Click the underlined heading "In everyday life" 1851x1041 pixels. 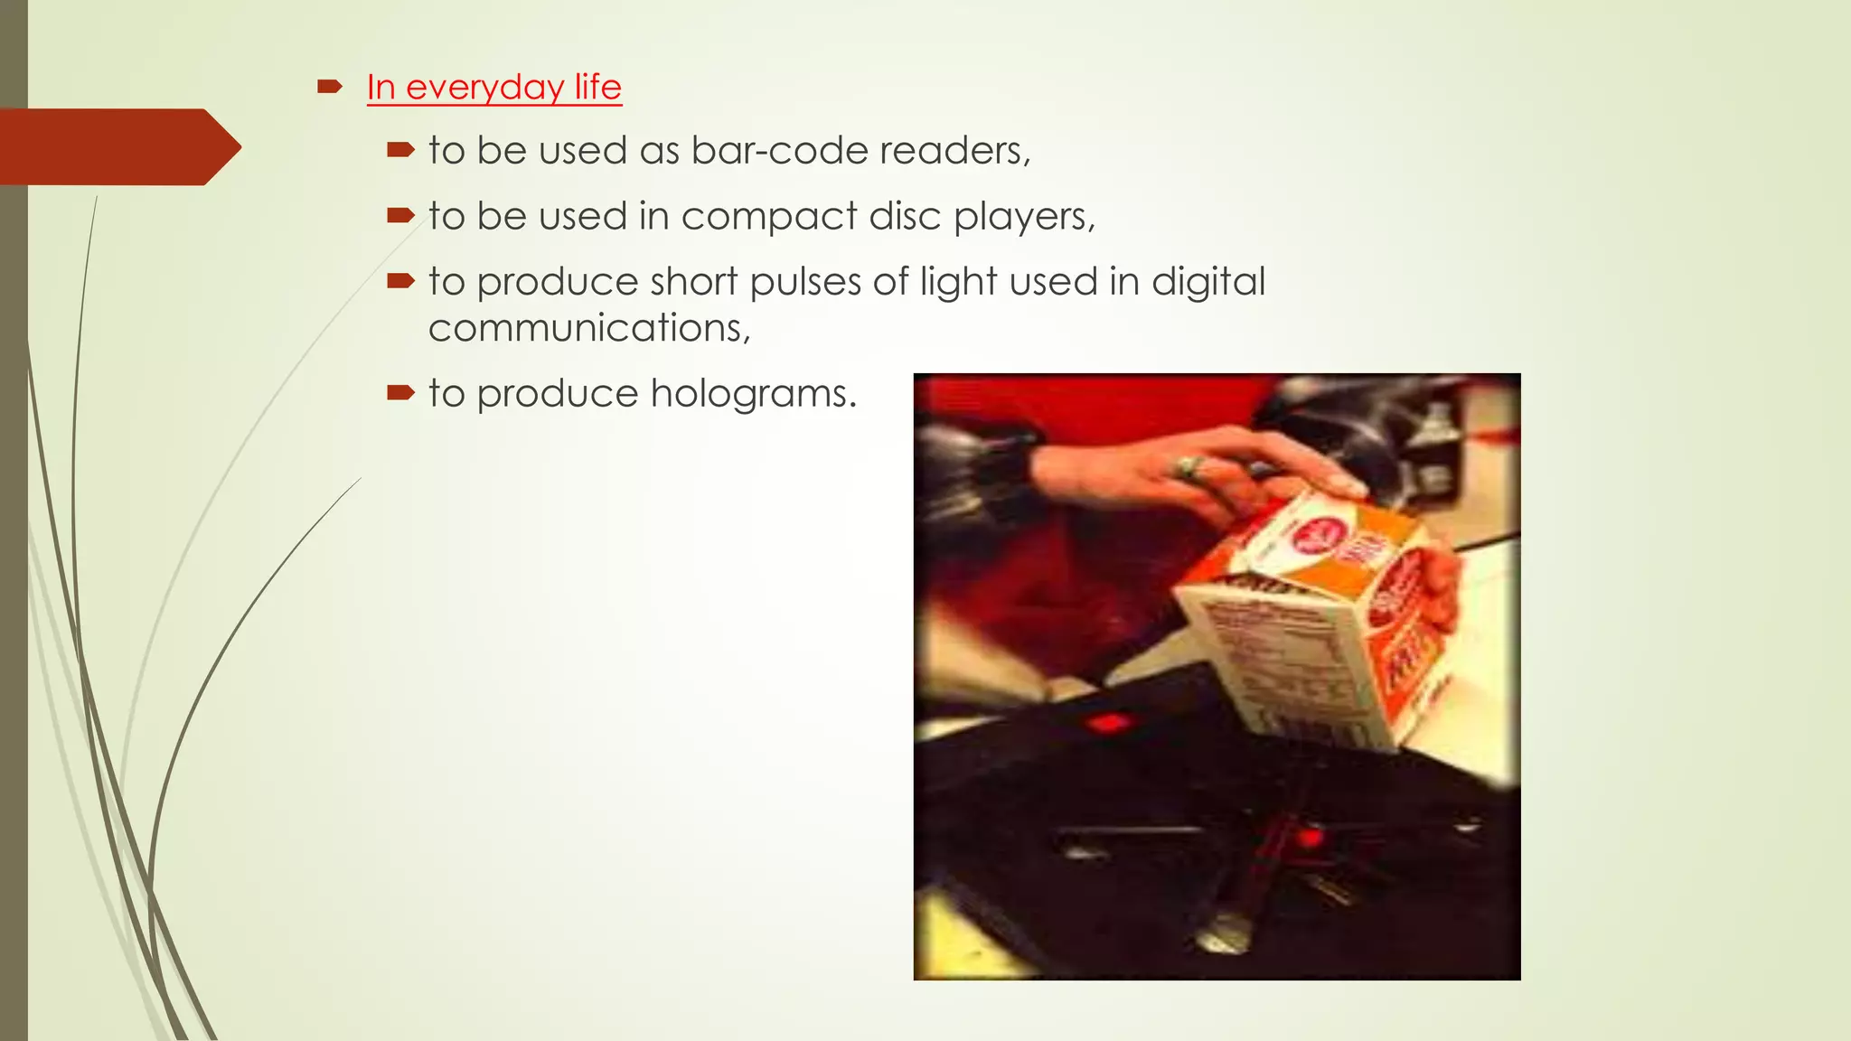point(493,88)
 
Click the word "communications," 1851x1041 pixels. point(589,328)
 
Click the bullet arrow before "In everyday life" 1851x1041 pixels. point(329,87)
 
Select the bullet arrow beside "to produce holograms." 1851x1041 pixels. point(399,393)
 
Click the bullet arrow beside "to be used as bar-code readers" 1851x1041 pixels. point(399,150)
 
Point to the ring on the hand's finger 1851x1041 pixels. point(1186,467)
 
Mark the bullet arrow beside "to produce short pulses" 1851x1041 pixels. point(399,282)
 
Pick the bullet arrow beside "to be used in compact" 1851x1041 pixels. point(399,216)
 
